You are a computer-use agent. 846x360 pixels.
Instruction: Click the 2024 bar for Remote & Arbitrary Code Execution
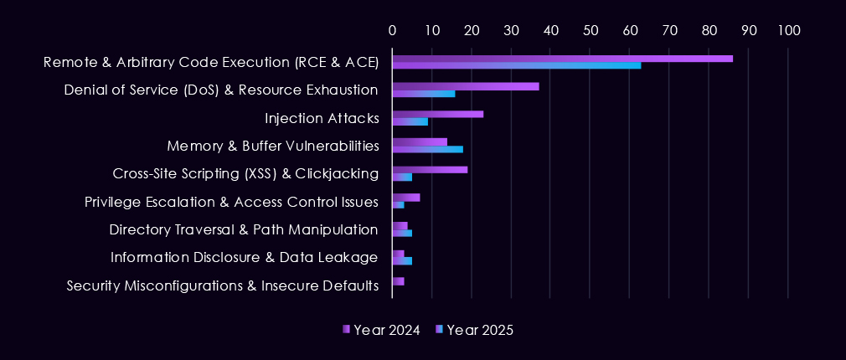(562, 59)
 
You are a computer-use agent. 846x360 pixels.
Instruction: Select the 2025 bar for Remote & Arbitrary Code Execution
(516, 65)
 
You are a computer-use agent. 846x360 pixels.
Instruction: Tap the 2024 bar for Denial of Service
(465, 86)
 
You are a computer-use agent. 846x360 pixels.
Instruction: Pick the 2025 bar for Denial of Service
(423, 94)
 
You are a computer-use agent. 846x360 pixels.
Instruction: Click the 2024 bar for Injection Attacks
(437, 114)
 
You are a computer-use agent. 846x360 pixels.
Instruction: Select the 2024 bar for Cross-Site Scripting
(430, 170)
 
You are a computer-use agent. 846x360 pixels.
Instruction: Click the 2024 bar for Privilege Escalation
(405, 198)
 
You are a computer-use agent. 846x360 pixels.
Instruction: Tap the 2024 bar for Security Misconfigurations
(398, 281)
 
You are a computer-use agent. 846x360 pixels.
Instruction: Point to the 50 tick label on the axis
(591, 30)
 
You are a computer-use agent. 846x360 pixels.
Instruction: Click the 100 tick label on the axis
(788, 30)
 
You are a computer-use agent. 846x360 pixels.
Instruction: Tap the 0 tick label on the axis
(392, 30)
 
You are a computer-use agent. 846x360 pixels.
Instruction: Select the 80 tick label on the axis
(709, 30)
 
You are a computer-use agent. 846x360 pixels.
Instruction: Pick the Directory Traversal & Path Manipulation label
(244, 229)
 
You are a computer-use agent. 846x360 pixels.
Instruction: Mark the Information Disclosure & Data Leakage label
(244, 257)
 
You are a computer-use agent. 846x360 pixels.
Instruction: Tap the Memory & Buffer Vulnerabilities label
(272, 146)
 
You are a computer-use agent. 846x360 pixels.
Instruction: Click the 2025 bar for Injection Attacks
(410, 121)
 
